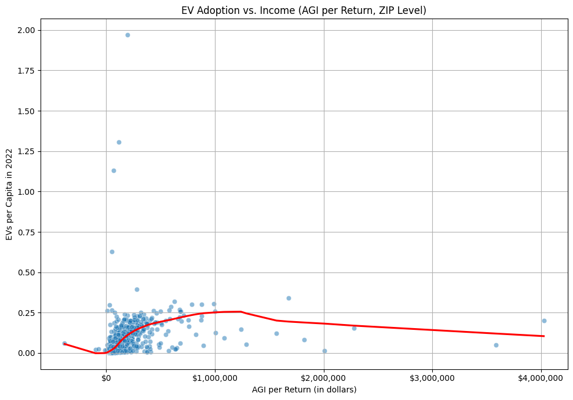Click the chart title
click(x=304, y=10)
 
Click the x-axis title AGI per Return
click(x=304, y=390)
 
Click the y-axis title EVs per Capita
click(x=10, y=194)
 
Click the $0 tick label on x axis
click(x=106, y=378)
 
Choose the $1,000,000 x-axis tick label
click(x=215, y=378)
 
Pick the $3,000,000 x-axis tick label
click(x=432, y=378)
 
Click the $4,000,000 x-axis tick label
click(x=541, y=378)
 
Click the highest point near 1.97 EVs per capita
click(x=127, y=35)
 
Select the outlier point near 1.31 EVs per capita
click(x=119, y=142)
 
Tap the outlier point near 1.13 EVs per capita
click(x=114, y=170)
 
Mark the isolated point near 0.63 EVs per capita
click(x=112, y=252)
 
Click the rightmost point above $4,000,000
click(x=544, y=321)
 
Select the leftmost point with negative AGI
click(x=64, y=343)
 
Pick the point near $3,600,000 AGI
click(x=496, y=345)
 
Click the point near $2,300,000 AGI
click(x=354, y=328)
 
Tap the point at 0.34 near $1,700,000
click(x=289, y=298)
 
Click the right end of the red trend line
click(x=543, y=336)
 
